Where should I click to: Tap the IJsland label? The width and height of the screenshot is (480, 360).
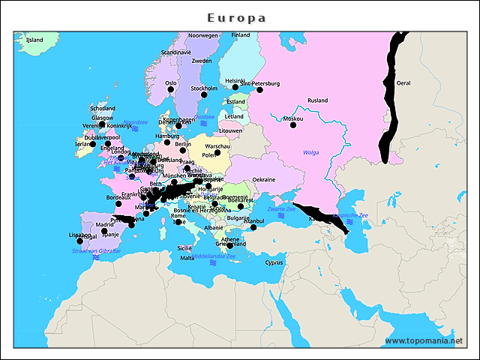click(x=34, y=40)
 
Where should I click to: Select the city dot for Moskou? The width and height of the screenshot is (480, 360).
click(x=293, y=125)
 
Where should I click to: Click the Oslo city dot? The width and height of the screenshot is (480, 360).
click(x=170, y=90)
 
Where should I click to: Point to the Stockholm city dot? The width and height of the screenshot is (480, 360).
click(x=204, y=95)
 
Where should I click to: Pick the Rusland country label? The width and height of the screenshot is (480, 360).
click(x=317, y=100)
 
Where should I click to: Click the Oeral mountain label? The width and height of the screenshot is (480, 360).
click(x=403, y=83)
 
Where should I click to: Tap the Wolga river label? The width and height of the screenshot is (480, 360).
click(x=310, y=152)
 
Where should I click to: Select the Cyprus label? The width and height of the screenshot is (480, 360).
click(x=274, y=262)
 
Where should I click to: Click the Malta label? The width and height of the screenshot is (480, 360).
click(x=187, y=258)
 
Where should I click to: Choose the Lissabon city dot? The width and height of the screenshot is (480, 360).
click(x=80, y=241)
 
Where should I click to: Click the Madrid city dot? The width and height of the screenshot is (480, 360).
click(x=104, y=231)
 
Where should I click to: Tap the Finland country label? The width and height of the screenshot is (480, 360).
click(x=241, y=35)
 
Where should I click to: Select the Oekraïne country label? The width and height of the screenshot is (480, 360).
click(x=263, y=180)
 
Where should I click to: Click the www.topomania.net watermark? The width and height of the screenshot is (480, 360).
click(x=424, y=340)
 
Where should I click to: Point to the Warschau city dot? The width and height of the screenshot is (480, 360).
click(x=217, y=152)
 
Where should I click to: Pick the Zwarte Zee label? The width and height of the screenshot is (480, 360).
click(x=280, y=208)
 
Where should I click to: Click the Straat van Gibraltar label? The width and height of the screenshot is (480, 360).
click(x=96, y=250)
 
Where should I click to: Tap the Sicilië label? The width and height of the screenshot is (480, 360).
click(x=184, y=247)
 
